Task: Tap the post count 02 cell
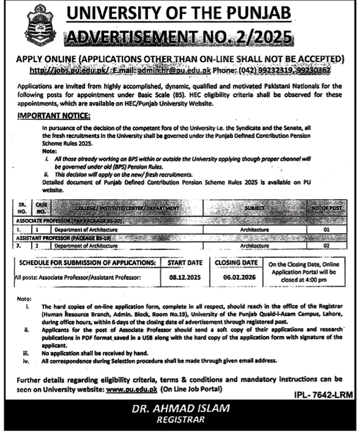point(326,245)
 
